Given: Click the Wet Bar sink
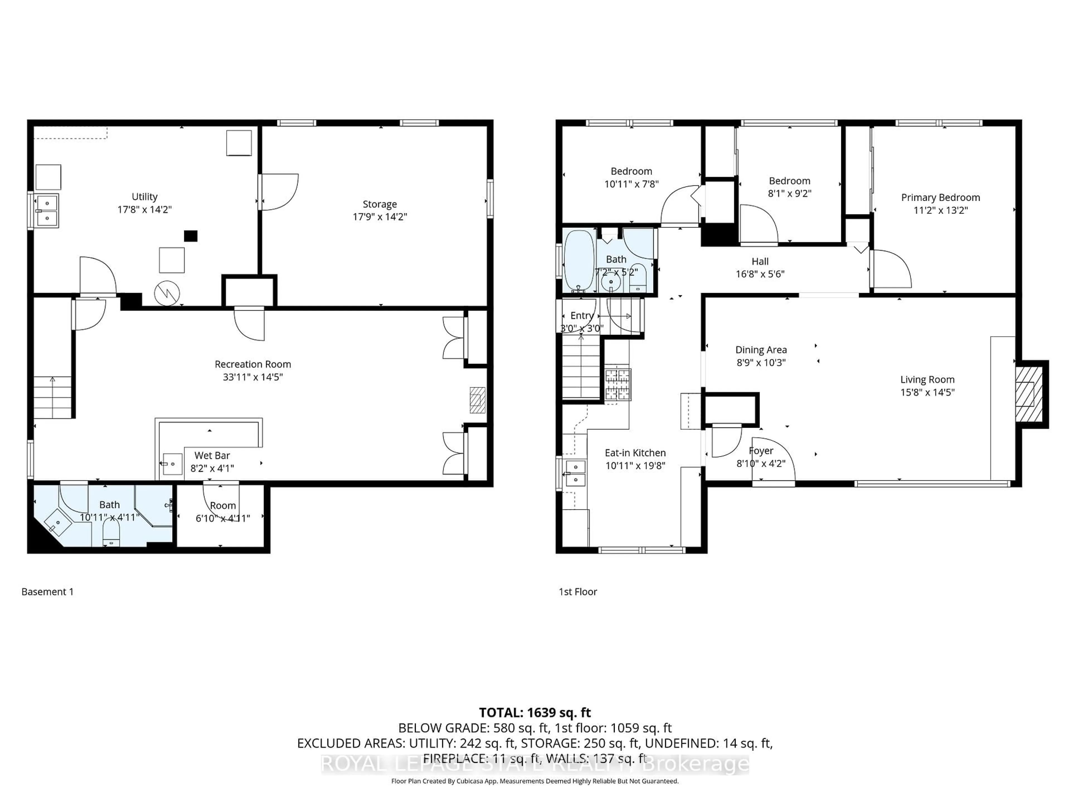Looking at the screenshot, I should [171, 464].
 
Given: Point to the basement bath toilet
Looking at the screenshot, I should [111, 536].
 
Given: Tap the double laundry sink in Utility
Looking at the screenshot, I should [47, 211].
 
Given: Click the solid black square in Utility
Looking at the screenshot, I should [191, 236].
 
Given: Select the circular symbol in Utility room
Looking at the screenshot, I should [167, 293].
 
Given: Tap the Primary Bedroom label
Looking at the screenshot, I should [940, 197].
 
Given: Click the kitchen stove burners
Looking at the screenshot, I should [618, 385].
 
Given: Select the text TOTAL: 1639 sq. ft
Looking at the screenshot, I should [534, 712].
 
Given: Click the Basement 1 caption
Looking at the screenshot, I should [47, 591].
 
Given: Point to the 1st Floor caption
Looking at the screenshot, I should [578, 591].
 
